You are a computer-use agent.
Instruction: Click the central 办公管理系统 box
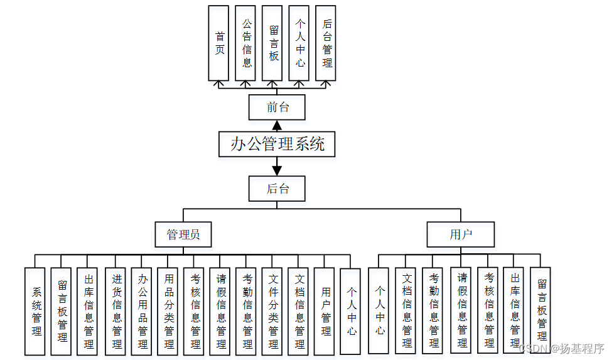point(277,144)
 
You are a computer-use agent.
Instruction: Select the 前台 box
point(277,107)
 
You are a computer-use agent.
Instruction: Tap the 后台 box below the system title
point(277,188)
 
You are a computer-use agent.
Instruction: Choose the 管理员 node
point(183,235)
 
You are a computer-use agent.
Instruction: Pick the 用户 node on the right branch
point(460,235)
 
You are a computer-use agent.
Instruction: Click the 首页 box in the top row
point(219,43)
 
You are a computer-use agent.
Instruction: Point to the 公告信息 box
point(246,43)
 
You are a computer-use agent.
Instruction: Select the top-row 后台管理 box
point(326,43)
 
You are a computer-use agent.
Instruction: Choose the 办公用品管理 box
point(143,310)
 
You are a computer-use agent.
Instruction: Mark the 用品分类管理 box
point(168,310)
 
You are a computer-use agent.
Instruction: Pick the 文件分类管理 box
point(273,310)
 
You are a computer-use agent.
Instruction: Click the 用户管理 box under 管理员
point(325,310)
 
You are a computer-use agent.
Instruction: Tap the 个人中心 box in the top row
point(299,43)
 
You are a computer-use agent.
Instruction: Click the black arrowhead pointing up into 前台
point(277,125)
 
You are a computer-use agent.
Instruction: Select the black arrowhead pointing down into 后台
point(277,170)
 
